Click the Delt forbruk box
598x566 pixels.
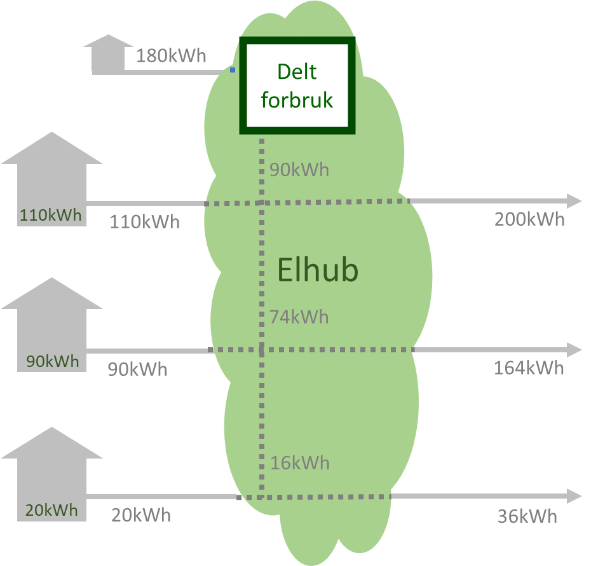pos(297,86)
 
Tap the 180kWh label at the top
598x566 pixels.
pos(171,56)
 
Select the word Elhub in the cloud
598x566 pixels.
pos(318,270)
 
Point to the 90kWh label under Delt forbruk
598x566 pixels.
pos(299,170)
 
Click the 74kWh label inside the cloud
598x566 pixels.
pos(299,317)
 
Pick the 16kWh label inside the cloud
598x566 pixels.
pos(300,463)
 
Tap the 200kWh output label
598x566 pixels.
pos(529,219)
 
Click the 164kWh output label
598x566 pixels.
pos(529,368)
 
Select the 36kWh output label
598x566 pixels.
pos(527,516)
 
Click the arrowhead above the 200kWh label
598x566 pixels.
pos(574,201)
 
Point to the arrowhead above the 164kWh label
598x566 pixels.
pos(574,350)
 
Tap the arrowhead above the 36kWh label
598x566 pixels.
pos(574,495)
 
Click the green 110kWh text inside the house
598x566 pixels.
pos(51,215)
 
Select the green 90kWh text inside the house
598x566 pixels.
pos(53,362)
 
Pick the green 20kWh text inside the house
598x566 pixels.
pos(51,510)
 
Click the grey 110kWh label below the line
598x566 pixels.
pos(145,223)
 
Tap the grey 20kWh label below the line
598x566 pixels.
pos(141,515)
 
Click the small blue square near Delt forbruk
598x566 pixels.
pos(233,70)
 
